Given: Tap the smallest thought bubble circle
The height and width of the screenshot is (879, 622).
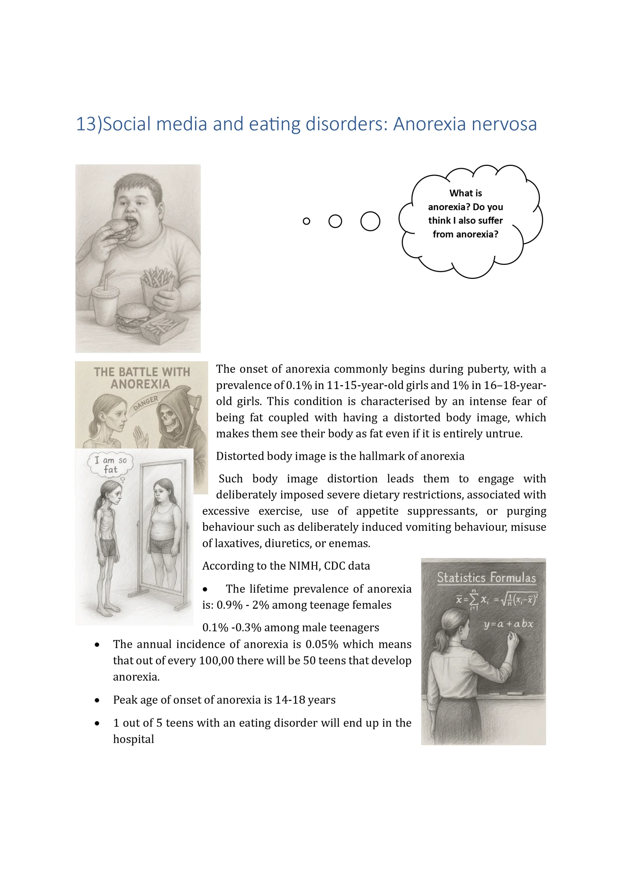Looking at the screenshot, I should pyautogui.click(x=306, y=221).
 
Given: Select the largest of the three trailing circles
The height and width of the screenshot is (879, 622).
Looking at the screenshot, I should pyautogui.click(x=370, y=221).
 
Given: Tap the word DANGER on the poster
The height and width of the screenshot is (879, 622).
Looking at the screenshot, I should pyautogui.click(x=146, y=403).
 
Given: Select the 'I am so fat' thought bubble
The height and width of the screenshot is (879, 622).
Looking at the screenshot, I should pyautogui.click(x=110, y=464).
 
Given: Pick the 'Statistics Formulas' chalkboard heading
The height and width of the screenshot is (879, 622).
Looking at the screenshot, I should pyautogui.click(x=486, y=577).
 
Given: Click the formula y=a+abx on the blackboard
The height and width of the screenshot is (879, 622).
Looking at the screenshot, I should pyautogui.click(x=508, y=624).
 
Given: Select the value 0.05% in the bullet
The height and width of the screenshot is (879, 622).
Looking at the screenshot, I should pyautogui.click(x=322, y=644).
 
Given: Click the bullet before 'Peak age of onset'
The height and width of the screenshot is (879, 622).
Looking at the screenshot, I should pyautogui.click(x=97, y=700).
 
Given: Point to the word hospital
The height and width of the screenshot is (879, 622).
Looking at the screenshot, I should pyautogui.click(x=133, y=739).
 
